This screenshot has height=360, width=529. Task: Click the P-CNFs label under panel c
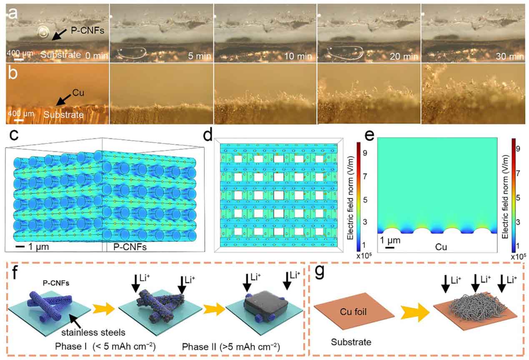pos(123,247)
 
